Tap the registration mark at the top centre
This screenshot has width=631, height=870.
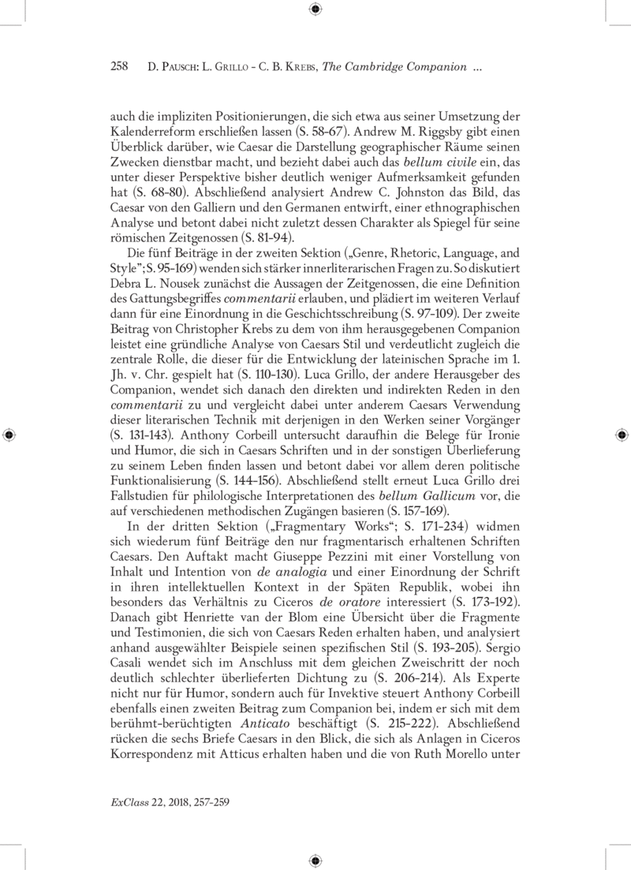(315, 9)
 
